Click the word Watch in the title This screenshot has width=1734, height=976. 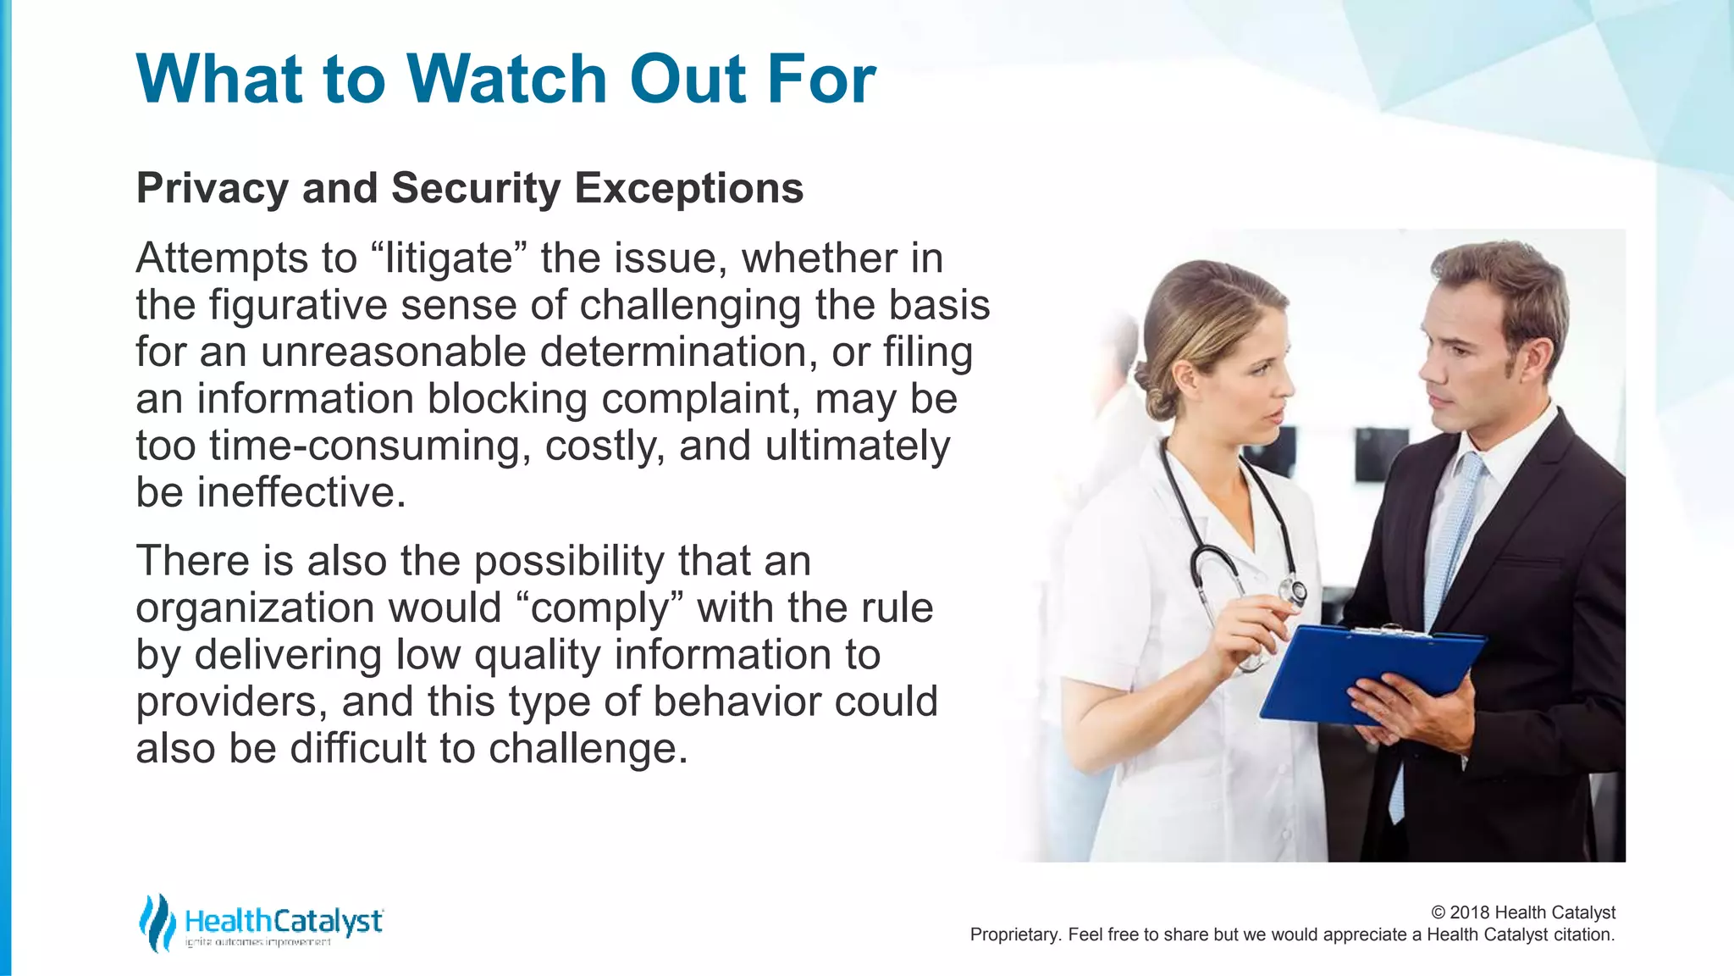pos(507,80)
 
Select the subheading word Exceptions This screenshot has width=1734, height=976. pos(688,188)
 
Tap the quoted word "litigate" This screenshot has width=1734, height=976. pos(449,258)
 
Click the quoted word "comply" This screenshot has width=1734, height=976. pos(599,608)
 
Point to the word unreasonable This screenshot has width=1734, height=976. pos(394,352)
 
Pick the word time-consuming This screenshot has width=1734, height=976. pos(370,446)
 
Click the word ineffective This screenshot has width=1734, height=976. pos(301,493)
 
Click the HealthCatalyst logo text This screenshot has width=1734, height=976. pos(284,921)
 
